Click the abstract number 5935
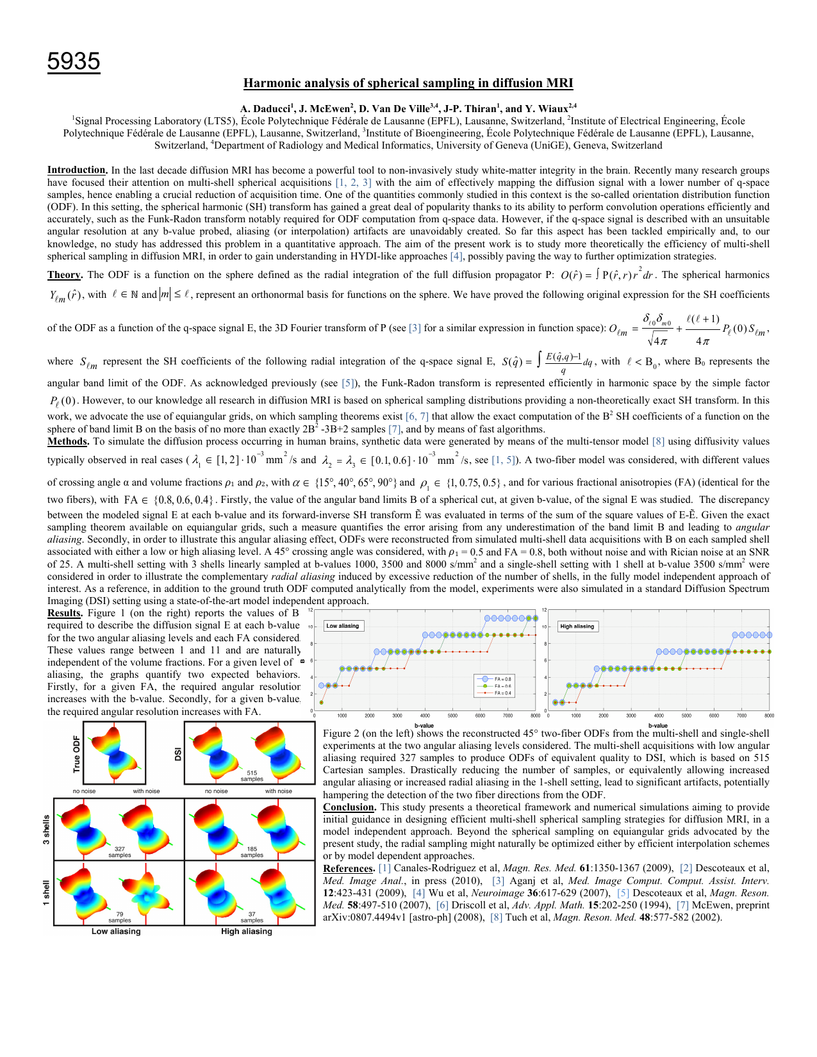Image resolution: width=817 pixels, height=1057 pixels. click(74, 61)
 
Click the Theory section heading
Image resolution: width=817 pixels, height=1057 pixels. click(64, 275)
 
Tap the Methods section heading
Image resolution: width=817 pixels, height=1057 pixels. click(67, 441)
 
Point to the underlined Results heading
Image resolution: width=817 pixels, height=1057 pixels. click(65, 613)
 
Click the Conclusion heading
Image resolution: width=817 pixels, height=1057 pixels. click(349, 807)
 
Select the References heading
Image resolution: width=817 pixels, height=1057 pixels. click(349, 869)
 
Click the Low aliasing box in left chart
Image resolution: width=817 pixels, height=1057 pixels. click(343, 626)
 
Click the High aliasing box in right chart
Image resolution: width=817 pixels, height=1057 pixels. click(577, 627)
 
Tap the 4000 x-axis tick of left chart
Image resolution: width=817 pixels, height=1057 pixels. click(425, 716)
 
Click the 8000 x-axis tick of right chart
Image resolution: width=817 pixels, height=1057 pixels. click(769, 716)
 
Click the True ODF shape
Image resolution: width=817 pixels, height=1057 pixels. click(114, 753)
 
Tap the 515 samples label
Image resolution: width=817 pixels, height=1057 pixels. click(252, 776)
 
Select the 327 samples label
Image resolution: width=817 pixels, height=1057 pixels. click(120, 852)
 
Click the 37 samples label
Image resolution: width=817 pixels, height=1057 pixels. click(252, 917)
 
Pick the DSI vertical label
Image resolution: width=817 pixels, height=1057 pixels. click(178, 754)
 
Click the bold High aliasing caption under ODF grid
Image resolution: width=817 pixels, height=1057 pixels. click(247, 931)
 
